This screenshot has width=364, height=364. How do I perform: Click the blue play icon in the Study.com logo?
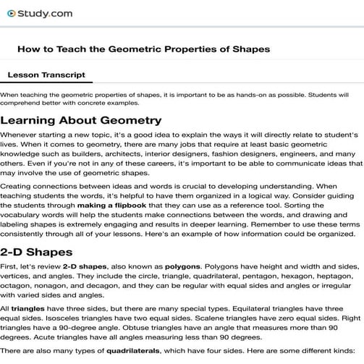point(12,12)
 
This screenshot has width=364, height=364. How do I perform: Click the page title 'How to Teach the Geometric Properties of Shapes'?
point(143,49)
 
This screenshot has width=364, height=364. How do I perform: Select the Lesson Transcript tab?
point(46,75)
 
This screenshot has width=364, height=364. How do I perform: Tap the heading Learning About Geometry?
point(81,120)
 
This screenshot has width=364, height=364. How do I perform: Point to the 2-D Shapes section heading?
point(36,252)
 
